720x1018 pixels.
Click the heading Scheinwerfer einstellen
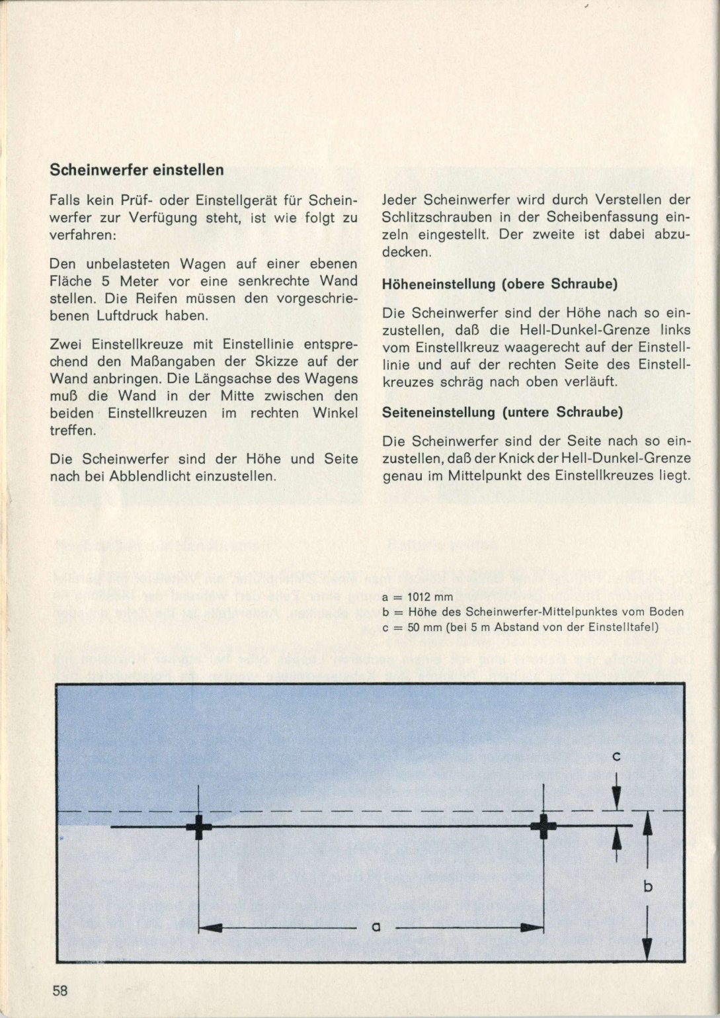(x=137, y=170)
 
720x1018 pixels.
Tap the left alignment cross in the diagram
(x=198, y=827)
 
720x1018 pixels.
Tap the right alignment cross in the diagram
(x=543, y=826)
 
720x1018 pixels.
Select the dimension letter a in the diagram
(x=375, y=927)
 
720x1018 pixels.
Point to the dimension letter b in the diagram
(x=648, y=886)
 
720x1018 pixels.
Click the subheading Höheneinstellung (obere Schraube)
(x=500, y=284)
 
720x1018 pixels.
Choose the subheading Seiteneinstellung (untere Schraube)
(x=502, y=412)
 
